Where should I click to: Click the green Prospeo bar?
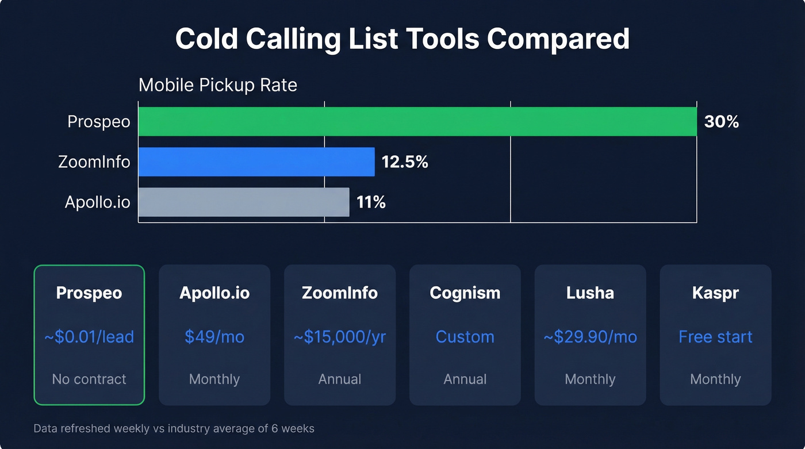point(417,122)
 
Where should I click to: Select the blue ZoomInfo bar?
point(256,162)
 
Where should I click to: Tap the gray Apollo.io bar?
point(244,202)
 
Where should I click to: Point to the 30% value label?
point(721,122)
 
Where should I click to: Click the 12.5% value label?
point(405,162)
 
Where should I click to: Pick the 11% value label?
point(371,202)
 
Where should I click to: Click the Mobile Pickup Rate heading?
point(218,85)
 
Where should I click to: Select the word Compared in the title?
point(558,39)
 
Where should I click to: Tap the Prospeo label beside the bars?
point(99,122)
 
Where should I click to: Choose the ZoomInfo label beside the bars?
point(94,162)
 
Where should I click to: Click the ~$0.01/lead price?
point(89,336)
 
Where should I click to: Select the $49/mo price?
point(214,336)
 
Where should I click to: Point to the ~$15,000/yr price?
point(340,336)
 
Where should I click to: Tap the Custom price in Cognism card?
point(465,336)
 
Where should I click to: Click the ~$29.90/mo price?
point(590,336)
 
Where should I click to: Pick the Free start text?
point(715,336)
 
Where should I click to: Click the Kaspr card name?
point(715,293)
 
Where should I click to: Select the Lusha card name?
point(590,293)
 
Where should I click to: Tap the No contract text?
point(89,379)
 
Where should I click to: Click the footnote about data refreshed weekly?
point(174,429)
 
